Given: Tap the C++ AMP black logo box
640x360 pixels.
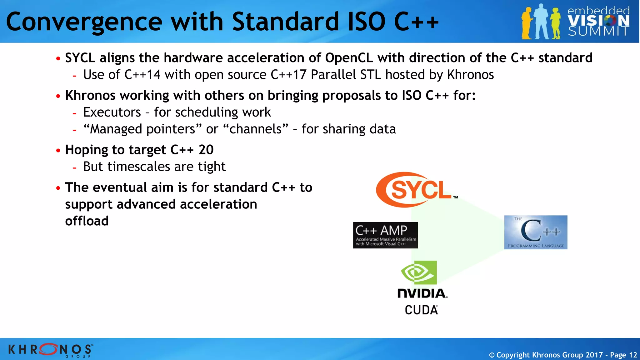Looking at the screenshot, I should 385,235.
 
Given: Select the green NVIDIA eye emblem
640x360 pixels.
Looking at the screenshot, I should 419,272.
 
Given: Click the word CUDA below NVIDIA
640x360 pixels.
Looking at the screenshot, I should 421,310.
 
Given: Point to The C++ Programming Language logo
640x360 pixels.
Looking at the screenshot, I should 536,232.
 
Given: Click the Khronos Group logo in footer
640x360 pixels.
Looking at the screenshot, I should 50,349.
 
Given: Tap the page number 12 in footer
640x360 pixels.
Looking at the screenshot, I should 633,355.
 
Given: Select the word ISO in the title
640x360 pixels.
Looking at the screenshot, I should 366,22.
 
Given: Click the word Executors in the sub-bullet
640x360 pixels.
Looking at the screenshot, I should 112,112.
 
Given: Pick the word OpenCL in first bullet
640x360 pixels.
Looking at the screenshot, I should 349,58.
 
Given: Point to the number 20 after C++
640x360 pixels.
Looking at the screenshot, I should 206,150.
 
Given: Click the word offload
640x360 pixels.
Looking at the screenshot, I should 87,221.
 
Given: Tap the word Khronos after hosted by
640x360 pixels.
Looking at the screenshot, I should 470,75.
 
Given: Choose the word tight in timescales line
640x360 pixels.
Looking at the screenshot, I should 212,167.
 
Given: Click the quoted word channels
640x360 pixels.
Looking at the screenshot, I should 256,129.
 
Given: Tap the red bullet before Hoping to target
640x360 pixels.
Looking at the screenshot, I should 58,151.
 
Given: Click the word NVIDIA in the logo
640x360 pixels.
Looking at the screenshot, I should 422,293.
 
